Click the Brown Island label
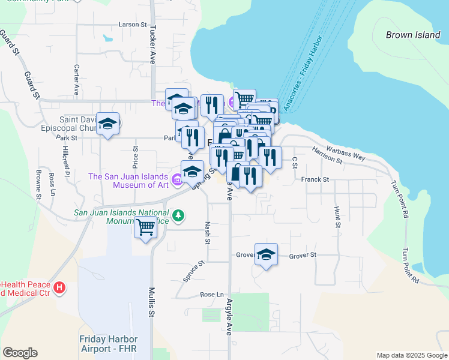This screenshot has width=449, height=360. tap(413, 35)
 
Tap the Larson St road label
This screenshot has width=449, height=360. tap(133, 25)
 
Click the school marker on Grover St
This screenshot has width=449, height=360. tap(266, 254)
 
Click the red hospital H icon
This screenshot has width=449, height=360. tap(59, 288)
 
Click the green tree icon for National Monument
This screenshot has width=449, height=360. tap(178, 215)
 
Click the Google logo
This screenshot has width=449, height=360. tap(20, 353)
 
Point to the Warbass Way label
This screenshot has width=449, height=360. tap(346, 152)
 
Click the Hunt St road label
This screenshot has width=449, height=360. tap(337, 217)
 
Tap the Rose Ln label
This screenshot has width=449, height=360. tap(212, 295)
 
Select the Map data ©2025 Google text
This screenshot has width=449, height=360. tap(411, 355)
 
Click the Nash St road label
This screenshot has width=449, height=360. tap(207, 232)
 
